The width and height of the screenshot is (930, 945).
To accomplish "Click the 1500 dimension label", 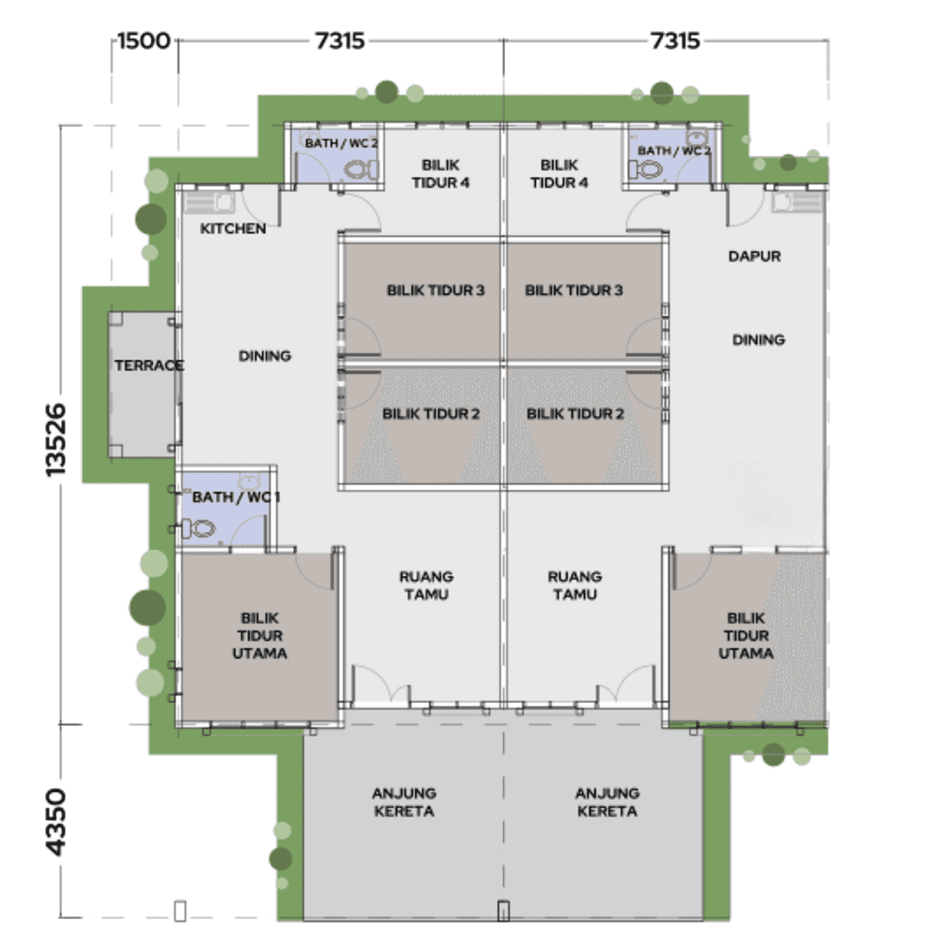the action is (x=144, y=41).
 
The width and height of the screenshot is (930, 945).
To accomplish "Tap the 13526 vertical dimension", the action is (x=56, y=440).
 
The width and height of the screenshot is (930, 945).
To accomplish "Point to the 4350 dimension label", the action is (x=56, y=822).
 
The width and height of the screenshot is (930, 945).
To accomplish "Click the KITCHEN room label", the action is (x=233, y=229).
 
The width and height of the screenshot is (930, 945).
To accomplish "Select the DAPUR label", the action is (x=754, y=256).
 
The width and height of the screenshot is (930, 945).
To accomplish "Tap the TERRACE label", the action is (x=149, y=365).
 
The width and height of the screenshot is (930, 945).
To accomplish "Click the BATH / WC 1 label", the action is (x=236, y=497).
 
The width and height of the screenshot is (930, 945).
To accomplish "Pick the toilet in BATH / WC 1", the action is (x=199, y=528).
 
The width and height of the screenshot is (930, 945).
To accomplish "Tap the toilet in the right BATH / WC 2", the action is (x=646, y=169).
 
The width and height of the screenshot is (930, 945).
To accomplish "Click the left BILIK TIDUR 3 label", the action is (x=436, y=290).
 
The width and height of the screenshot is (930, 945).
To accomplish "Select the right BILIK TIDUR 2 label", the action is (x=575, y=414).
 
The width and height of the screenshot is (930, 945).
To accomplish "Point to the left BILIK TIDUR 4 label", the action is (x=440, y=174).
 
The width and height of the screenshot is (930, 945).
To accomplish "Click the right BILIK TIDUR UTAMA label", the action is (x=746, y=636).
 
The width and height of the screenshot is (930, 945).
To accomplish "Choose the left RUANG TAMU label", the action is (x=426, y=585).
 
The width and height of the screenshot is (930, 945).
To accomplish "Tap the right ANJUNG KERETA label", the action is (x=607, y=802).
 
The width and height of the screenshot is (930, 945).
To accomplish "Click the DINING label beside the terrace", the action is (x=265, y=356).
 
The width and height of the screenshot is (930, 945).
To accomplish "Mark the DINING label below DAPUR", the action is (x=759, y=340).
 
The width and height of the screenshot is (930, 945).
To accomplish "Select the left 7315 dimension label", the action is (x=340, y=41).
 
